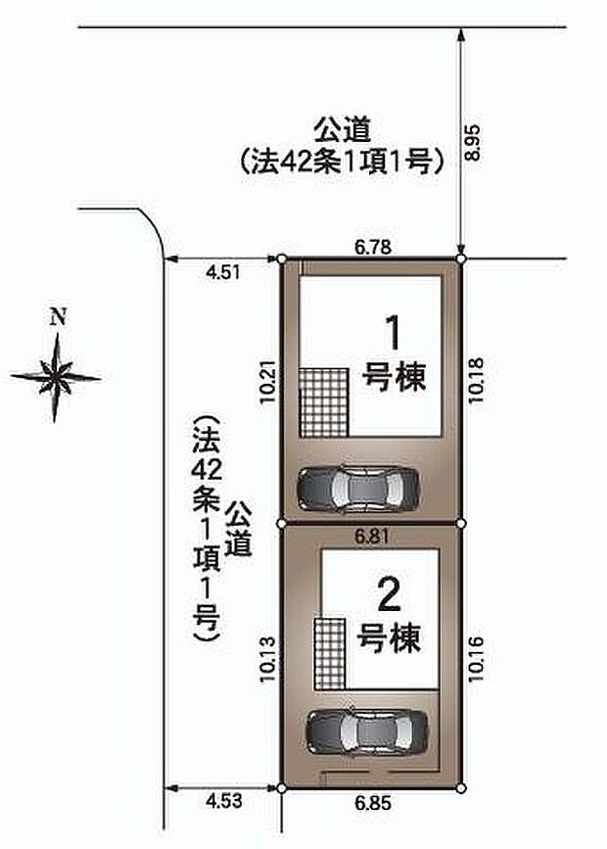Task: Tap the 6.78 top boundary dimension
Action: [374, 249]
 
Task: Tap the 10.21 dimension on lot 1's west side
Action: [269, 386]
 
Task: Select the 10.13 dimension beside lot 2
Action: [269, 653]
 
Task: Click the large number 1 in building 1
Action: [394, 335]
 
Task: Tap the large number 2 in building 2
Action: [389, 596]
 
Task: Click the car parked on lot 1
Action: [357, 487]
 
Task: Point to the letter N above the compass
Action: [58, 316]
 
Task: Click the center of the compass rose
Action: [56, 376]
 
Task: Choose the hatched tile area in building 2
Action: [329, 655]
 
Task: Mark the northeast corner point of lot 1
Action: [461, 259]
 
